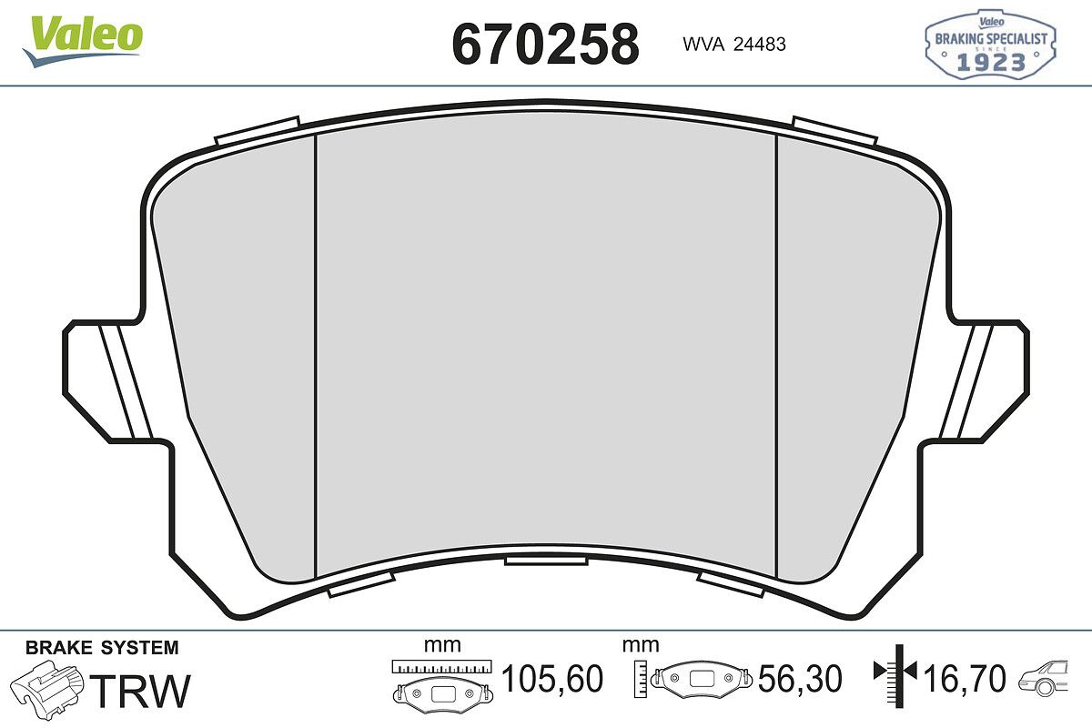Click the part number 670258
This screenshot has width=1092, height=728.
coord(545,44)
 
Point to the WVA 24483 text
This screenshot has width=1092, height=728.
coord(734,45)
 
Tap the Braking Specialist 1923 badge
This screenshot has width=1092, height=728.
coord(991,44)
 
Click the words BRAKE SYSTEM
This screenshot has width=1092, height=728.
coord(102,648)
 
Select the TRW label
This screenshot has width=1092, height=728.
coord(140,691)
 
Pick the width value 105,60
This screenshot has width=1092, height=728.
coord(552,679)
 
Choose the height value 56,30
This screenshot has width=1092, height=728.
coord(800,679)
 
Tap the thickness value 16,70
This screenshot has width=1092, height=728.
coord(965,679)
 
